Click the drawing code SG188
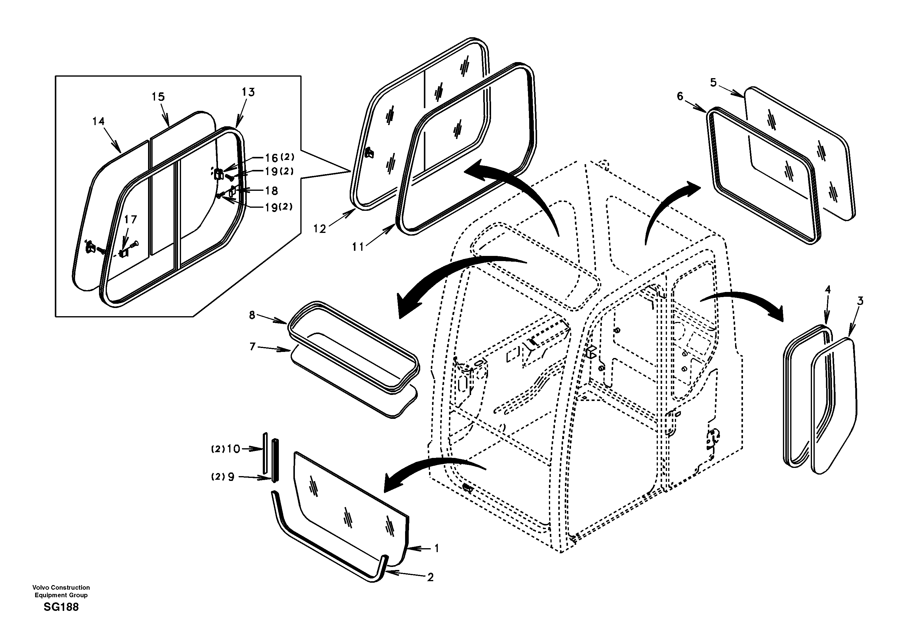click(x=61, y=607)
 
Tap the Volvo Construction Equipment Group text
click(x=61, y=591)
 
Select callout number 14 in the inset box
click(x=98, y=121)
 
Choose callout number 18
click(x=272, y=191)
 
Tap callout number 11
click(x=358, y=247)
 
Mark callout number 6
click(x=680, y=96)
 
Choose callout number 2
click(x=430, y=577)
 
